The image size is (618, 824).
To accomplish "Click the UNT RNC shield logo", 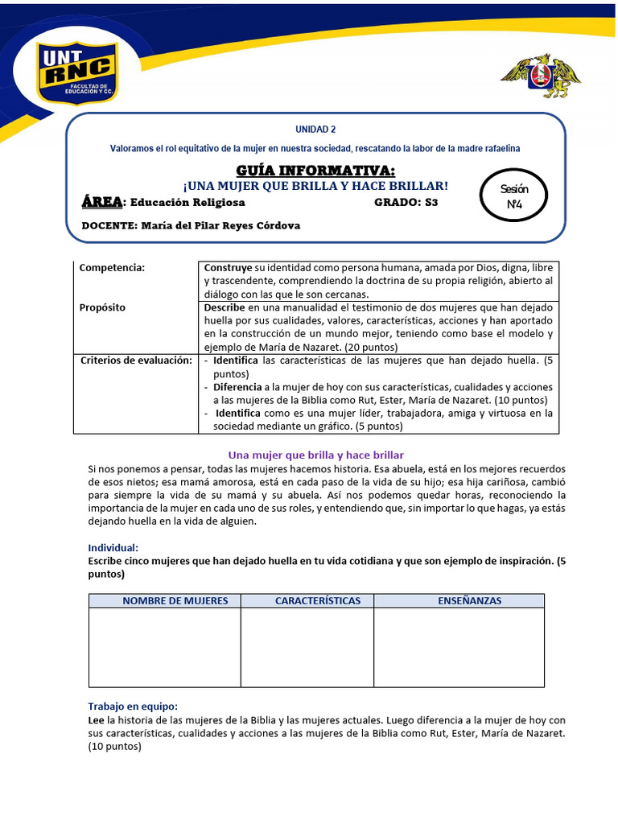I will pos(78,72).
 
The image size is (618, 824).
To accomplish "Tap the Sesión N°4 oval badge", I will pos(514,196).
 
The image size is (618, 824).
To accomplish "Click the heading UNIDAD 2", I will pos(315,130).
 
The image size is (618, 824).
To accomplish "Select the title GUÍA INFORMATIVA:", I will pos(315,170).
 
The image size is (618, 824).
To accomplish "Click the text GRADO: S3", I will pos(406,202).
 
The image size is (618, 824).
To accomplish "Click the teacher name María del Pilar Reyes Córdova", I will pos(220,225).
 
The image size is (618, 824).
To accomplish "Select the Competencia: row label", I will pos(112,268).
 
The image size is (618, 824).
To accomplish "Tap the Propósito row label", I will pos(103,307).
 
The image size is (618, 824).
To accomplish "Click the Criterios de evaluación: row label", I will pos(136,360).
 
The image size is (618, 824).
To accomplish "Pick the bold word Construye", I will pos(228,268).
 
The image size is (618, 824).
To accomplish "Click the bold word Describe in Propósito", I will pos(225,307).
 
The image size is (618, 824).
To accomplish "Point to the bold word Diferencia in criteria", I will pos(237,386).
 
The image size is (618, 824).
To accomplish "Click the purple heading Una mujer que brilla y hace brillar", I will pos(315,455).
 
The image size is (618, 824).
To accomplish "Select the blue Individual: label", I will pos(113,547).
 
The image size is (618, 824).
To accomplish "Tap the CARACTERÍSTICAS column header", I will pos(307,600).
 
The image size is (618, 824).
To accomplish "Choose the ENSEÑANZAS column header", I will pos(459,600).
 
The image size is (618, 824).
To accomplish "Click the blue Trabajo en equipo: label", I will pos(132,706).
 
